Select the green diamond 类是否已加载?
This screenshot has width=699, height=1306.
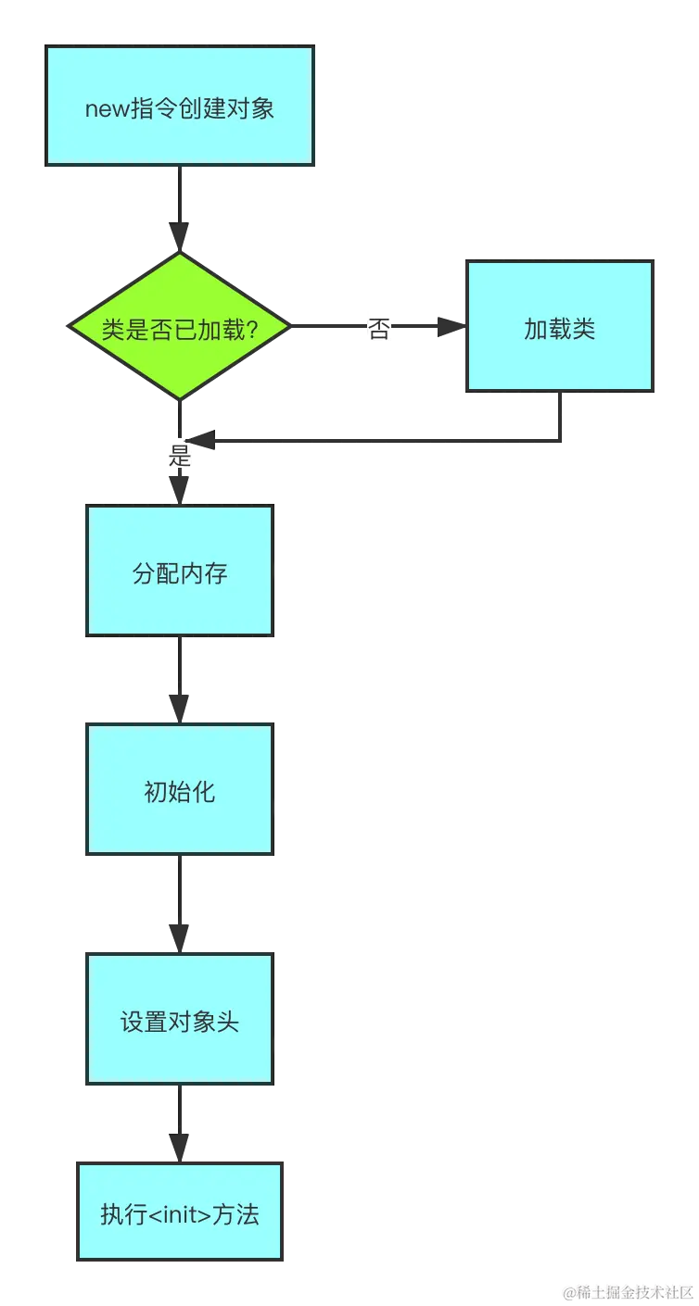pyautogui.click(x=180, y=327)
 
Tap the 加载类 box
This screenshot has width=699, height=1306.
pyautogui.click(x=560, y=327)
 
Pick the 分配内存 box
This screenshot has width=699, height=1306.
pyautogui.click(x=180, y=571)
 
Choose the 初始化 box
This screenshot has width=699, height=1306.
pyautogui.click(x=180, y=790)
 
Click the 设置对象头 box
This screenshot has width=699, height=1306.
pyautogui.click(x=180, y=1020)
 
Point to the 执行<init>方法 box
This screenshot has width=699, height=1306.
pyautogui.click(x=180, y=1212)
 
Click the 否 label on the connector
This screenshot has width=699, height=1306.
pyautogui.click(x=378, y=328)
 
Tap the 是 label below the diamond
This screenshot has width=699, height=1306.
pyautogui.click(x=178, y=455)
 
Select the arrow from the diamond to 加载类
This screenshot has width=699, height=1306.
pyautogui.click(x=426, y=327)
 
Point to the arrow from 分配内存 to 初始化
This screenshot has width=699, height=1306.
pyautogui.click(x=179, y=681)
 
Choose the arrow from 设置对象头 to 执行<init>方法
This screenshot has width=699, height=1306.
pyautogui.click(x=179, y=1121)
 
